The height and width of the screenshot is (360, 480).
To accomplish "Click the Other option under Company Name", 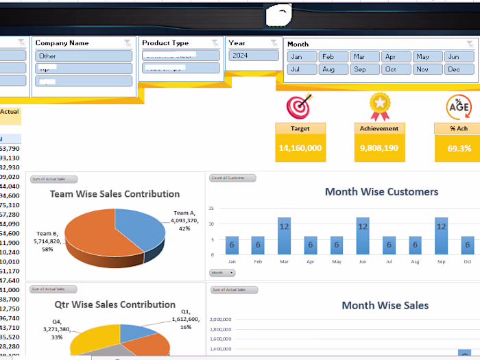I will tap(83, 56).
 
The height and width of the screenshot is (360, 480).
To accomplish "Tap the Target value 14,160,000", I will tap(300, 148).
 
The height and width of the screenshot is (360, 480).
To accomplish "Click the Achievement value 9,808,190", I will tap(379, 148).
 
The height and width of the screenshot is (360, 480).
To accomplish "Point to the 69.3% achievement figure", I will tap(459, 148).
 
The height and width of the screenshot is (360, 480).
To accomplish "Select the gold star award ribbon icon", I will tap(379, 106).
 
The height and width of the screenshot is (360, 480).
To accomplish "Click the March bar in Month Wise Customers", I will tap(284, 236).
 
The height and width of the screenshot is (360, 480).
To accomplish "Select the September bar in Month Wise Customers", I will tap(442, 236).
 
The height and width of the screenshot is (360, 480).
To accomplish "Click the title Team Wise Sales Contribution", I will tap(115, 194).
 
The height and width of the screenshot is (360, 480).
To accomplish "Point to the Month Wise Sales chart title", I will tap(385, 305).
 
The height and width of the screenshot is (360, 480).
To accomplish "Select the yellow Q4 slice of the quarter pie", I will tap(93, 339).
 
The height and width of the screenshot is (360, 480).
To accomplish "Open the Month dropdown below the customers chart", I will tap(221, 272).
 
